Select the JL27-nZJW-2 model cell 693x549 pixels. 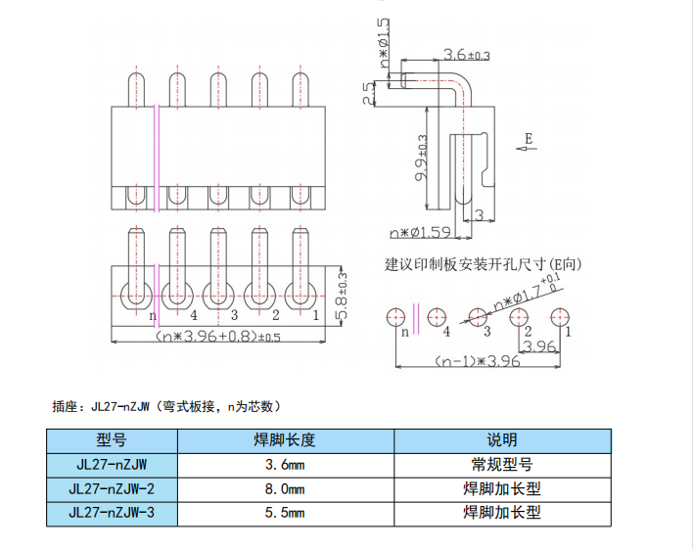(113, 487)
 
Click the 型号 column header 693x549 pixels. (112, 439)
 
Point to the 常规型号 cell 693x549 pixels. (503, 463)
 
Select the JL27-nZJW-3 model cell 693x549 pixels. (113, 512)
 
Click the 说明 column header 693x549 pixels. (503, 439)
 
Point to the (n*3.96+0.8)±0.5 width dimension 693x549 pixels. (217, 337)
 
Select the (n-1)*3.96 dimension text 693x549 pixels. (478, 362)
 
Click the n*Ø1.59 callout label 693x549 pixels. (419, 233)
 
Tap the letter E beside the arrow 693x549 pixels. (528, 137)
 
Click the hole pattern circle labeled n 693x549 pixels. (395, 316)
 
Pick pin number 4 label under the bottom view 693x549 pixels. (194, 315)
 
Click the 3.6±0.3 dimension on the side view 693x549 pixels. (466, 55)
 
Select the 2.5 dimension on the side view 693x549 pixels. (368, 93)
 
